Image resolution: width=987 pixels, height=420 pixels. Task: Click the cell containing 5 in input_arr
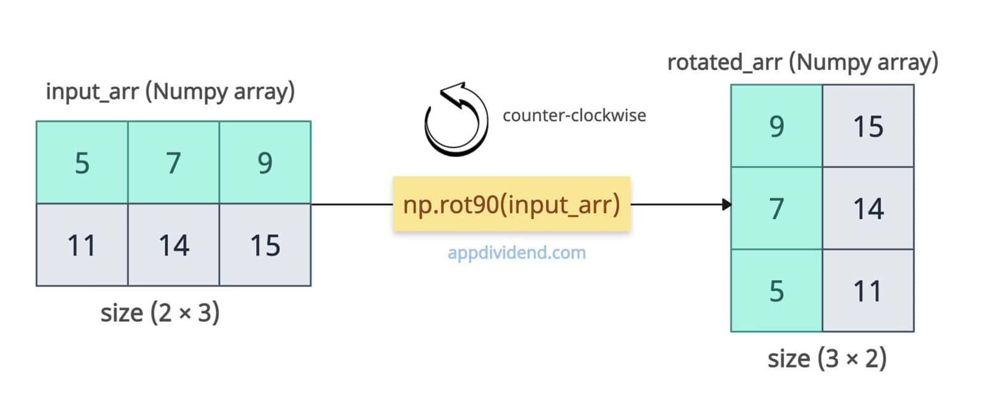[82, 162]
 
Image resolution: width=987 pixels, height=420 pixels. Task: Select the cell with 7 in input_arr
[173, 162]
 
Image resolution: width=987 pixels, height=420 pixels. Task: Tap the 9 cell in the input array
[265, 162]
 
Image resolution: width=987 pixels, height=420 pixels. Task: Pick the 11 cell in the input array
[82, 245]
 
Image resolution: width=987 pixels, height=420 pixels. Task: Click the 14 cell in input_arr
[173, 245]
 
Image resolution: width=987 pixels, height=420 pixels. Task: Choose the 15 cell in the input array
[265, 245]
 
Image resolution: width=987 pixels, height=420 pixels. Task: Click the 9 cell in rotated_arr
[777, 126]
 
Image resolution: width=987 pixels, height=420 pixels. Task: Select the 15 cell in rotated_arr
[868, 126]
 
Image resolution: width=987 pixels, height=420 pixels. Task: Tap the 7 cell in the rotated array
[777, 208]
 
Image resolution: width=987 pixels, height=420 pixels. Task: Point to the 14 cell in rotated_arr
[868, 208]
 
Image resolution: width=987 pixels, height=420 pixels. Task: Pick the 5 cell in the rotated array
[777, 290]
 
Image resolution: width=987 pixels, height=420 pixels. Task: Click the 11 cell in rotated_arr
[868, 290]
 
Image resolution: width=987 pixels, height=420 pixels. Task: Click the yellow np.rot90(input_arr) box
[511, 204]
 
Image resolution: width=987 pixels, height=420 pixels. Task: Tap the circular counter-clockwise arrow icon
[456, 119]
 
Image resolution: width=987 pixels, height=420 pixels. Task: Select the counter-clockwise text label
[574, 115]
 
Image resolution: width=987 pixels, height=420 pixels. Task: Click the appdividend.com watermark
[517, 253]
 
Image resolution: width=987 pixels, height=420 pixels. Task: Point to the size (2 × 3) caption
[160, 313]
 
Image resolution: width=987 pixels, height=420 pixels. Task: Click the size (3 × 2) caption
[827, 358]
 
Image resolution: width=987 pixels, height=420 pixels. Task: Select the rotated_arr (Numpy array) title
[803, 62]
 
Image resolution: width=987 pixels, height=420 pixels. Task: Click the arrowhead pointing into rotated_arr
[727, 204]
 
